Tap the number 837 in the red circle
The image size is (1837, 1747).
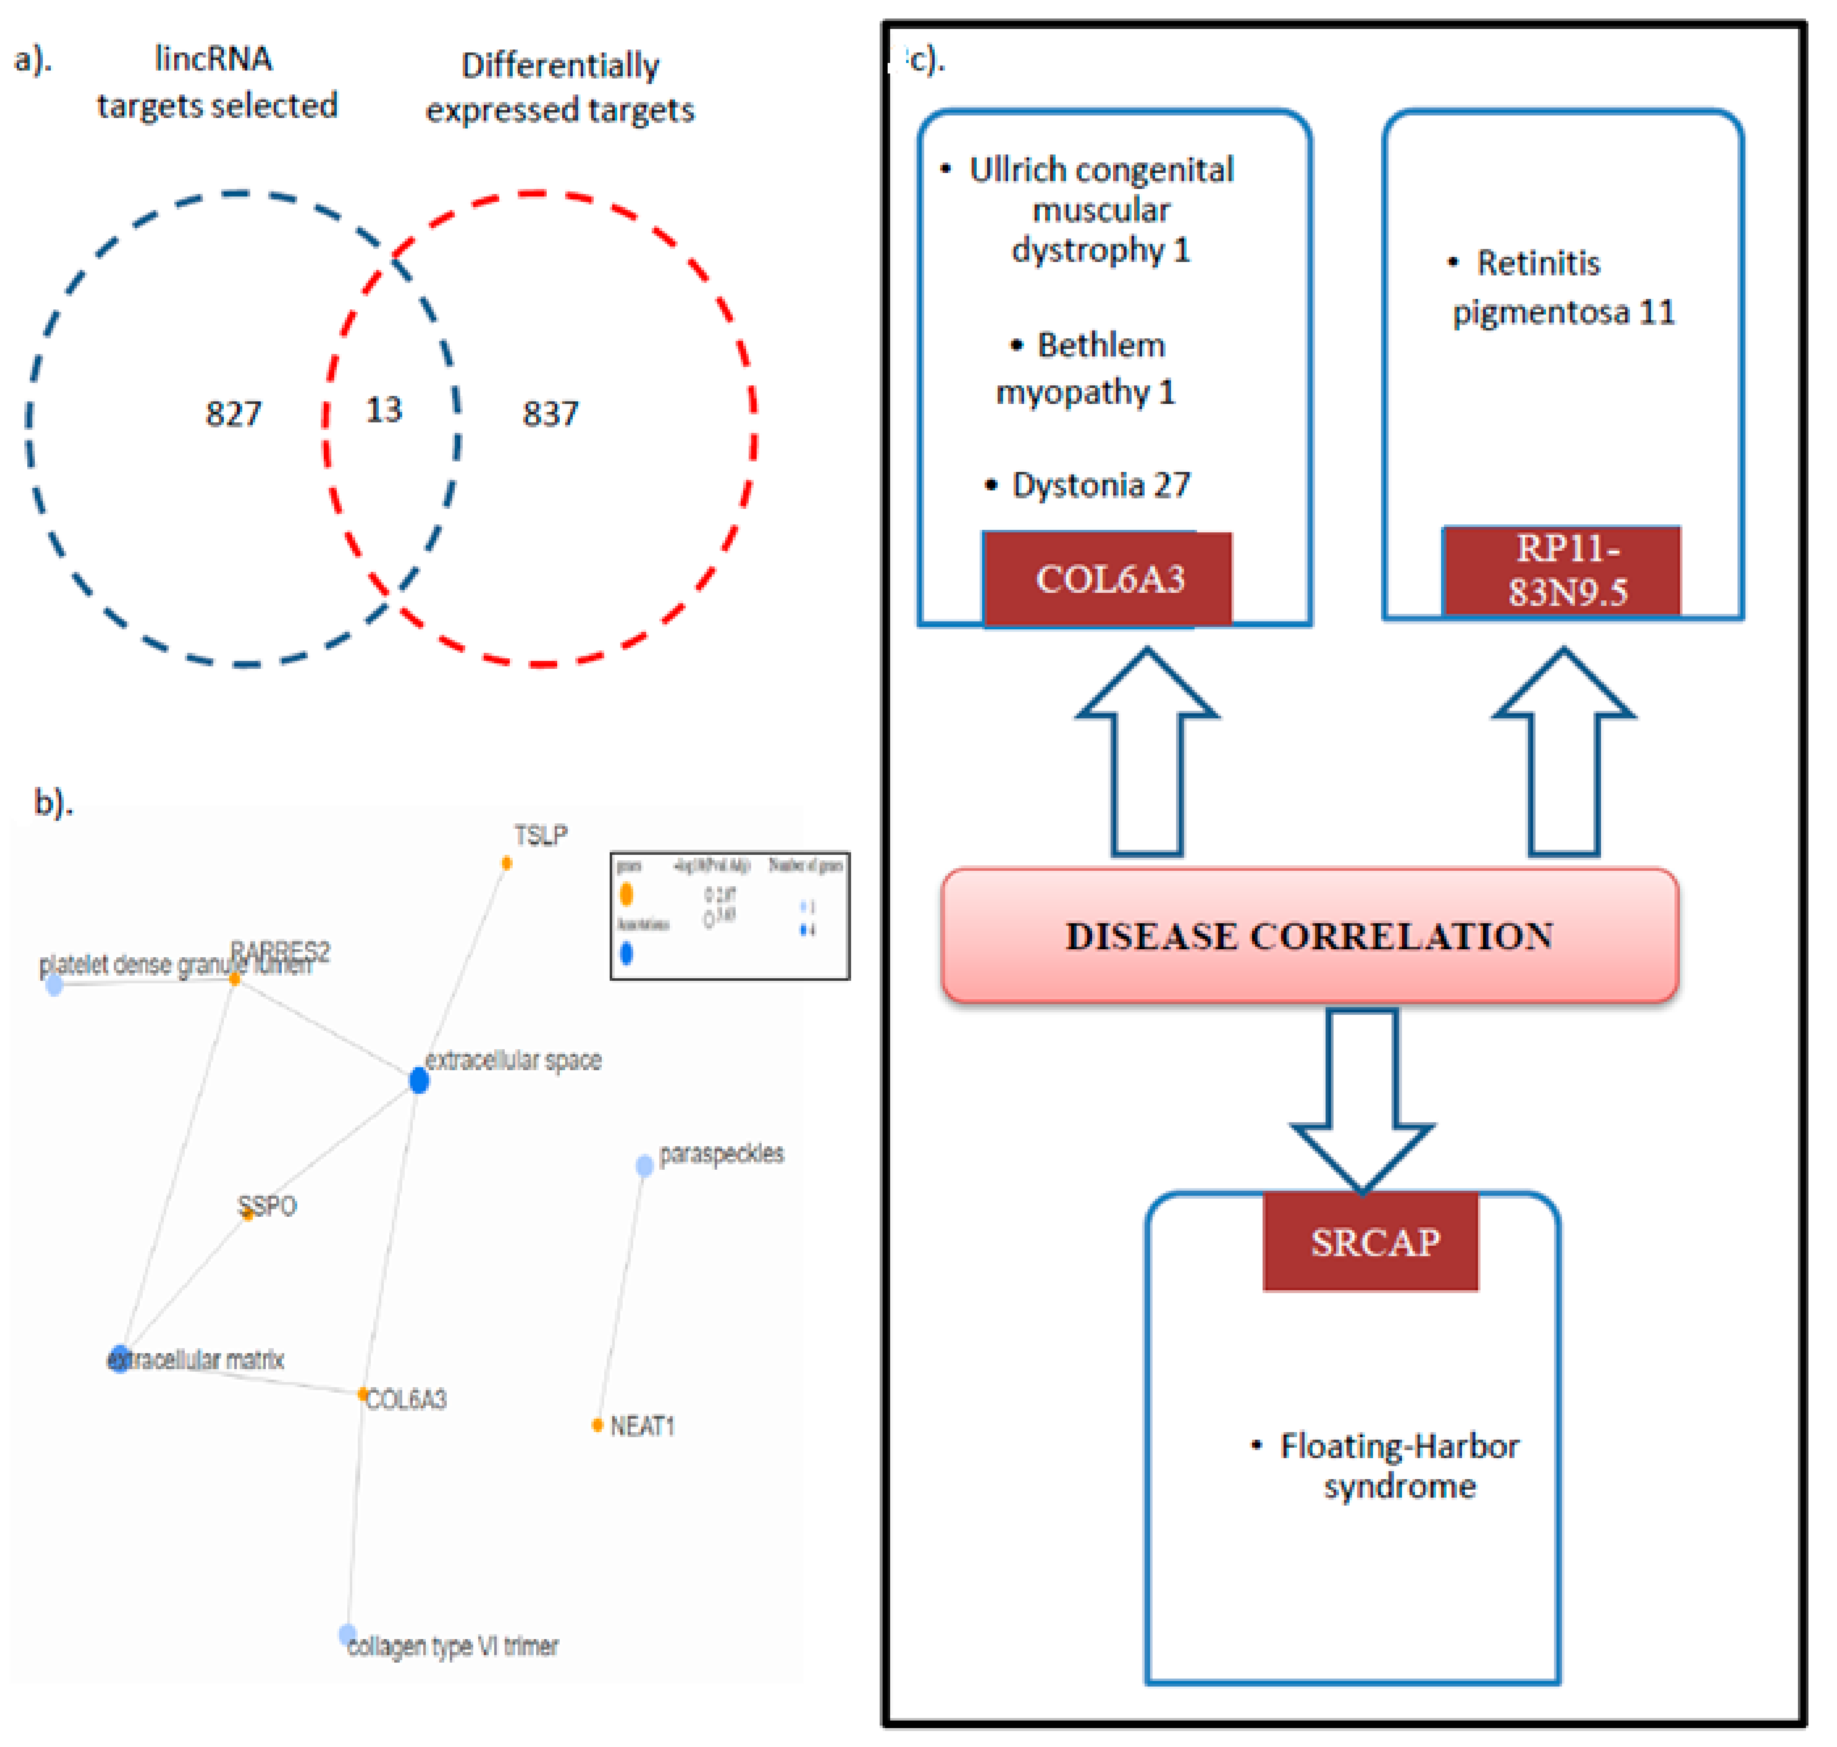[x=550, y=414]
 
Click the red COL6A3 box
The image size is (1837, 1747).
[x=1108, y=579]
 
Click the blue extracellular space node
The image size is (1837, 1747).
[x=419, y=1080]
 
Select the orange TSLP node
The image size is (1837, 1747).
[x=506, y=863]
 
